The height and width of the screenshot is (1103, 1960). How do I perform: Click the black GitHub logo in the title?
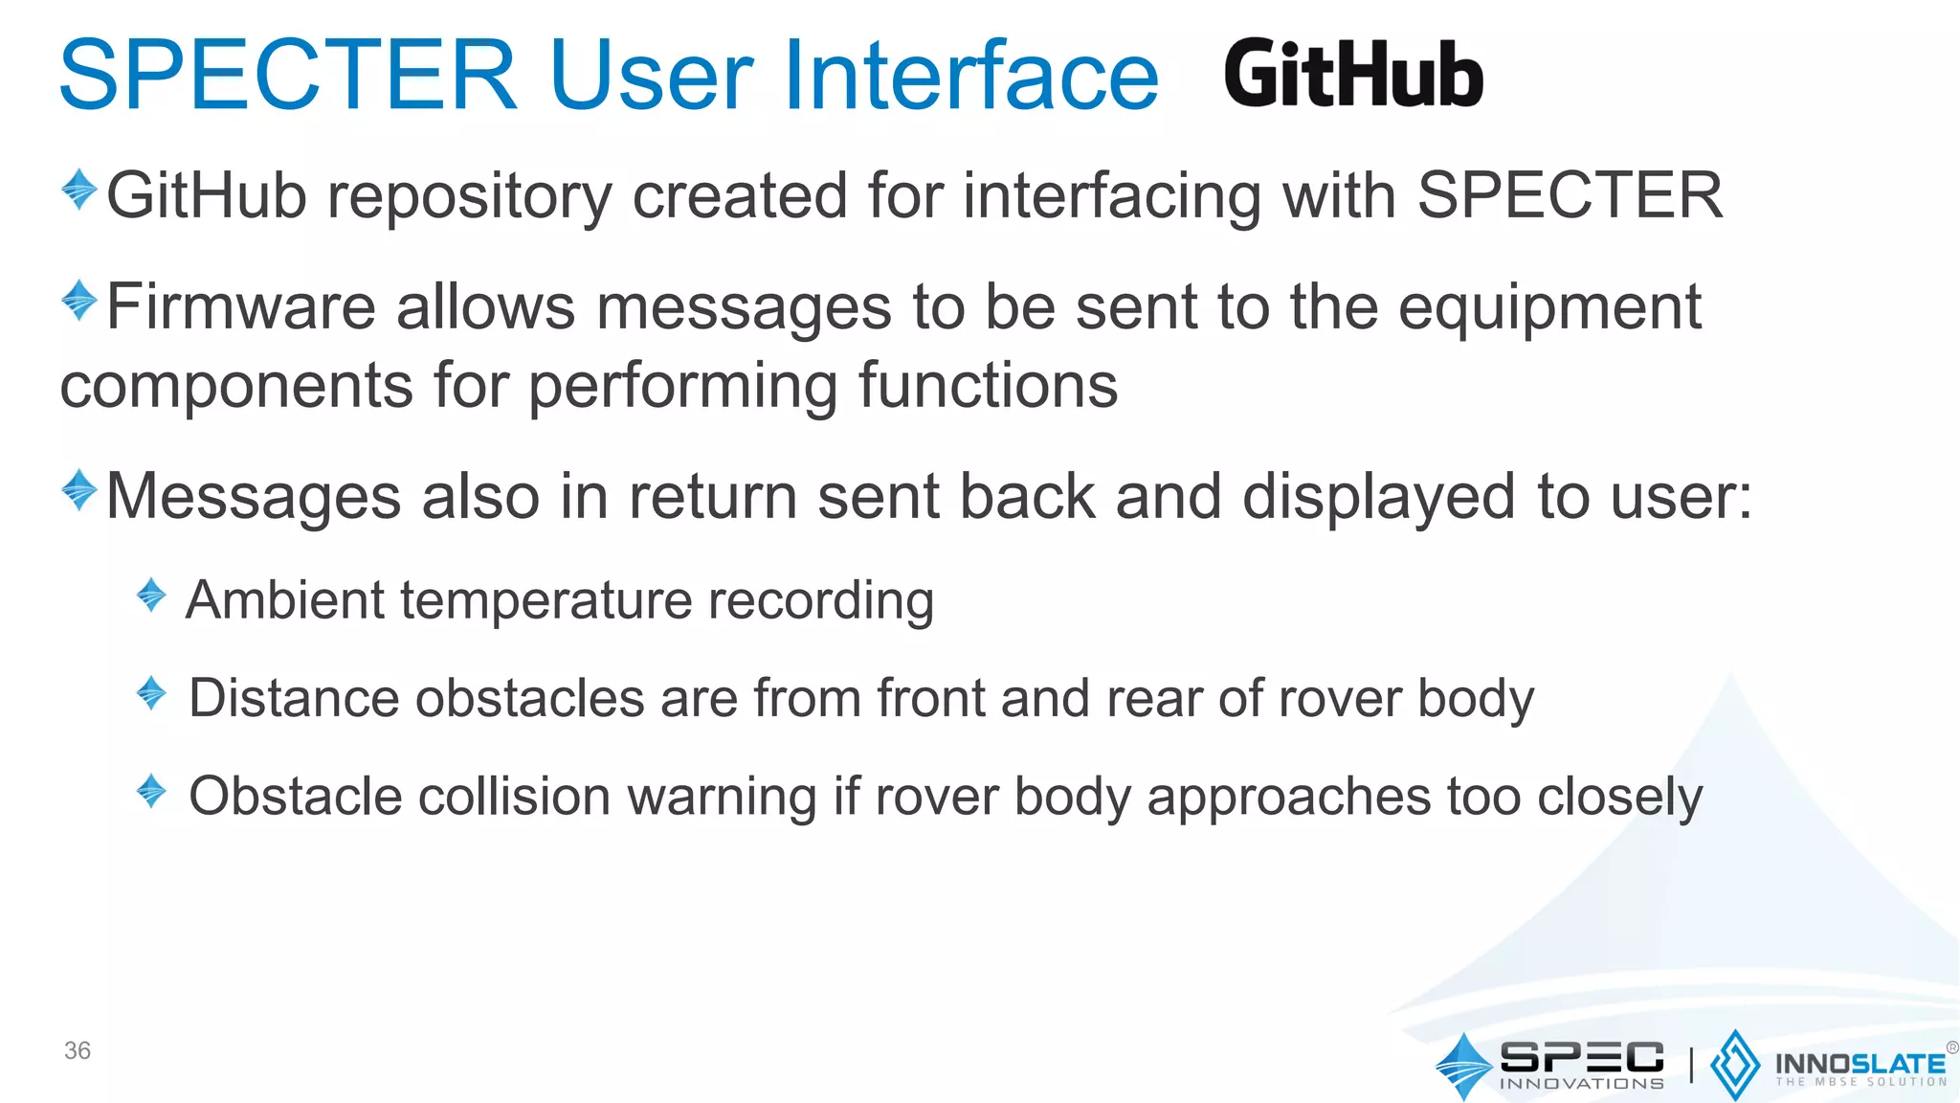pos(1352,75)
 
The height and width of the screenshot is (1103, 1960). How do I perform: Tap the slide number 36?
pos(78,1050)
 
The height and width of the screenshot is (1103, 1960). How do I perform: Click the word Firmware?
pos(241,307)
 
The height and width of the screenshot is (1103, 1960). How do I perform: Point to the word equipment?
pos(1549,309)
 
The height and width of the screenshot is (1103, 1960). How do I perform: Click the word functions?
pos(988,385)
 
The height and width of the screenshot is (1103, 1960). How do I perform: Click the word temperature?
pos(546,602)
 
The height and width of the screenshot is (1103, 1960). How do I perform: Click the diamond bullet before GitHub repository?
pos(79,190)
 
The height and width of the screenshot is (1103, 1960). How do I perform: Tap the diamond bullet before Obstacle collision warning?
pos(151,791)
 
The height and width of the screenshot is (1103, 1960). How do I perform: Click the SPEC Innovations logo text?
pos(1581,1065)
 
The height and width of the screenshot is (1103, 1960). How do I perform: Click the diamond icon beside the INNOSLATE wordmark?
pos(1734,1065)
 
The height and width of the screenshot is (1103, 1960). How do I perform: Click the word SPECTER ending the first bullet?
pos(1570,195)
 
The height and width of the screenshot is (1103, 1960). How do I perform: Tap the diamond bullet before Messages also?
pos(79,490)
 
